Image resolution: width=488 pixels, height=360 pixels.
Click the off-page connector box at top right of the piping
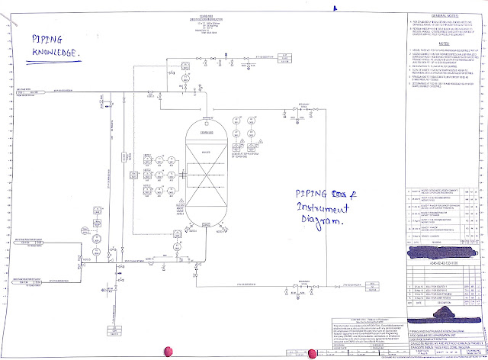284,56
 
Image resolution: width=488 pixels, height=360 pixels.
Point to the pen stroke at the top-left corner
9,9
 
